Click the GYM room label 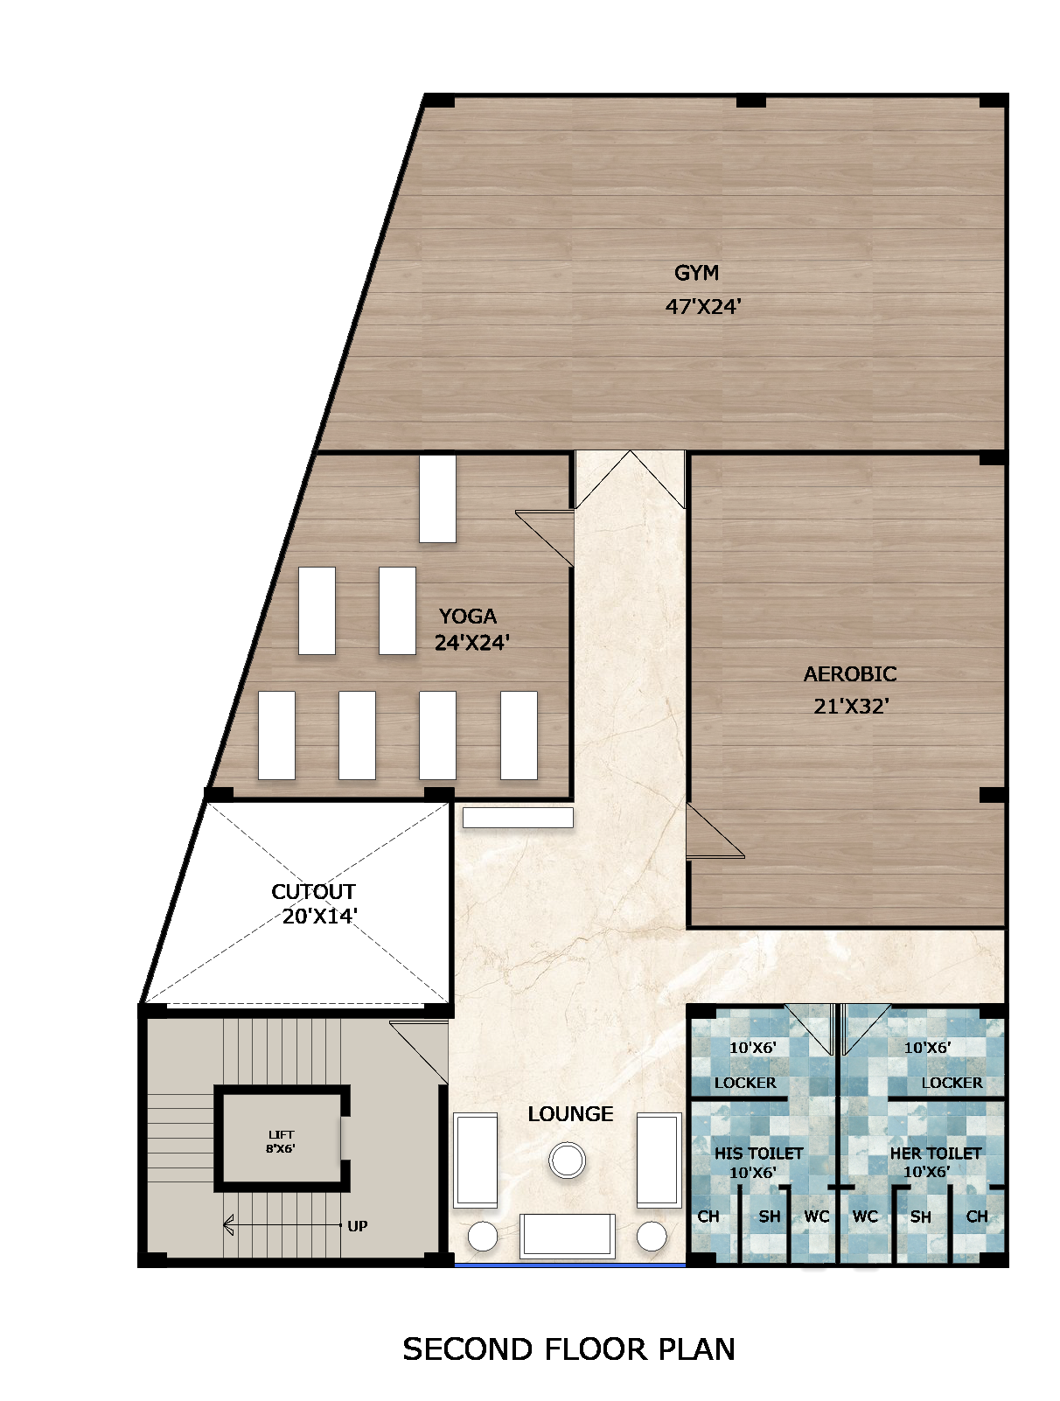pyautogui.click(x=696, y=273)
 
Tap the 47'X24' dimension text pyautogui.click(x=702, y=306)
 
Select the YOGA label pyautogui.click(x=467, y=616)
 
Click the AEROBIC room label pyautogui.click(x=849, y=674)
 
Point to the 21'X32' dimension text pyautogui.click(x=850, y=706)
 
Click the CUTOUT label pyautogui.click(x=313, y=892)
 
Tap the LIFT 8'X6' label pyautogui.click(x=281, y=1141)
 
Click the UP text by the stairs pyautogui.click(x=357, y=1226)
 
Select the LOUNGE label pyautogui.click(x=570, y=1114)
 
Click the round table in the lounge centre pyautogui.click(x=567, y=1161)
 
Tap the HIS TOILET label pyautogui.click(x=758, y=1154)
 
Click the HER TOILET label pyautogui.click(x=935, y=1154)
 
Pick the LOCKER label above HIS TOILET pyautogui.click(x=745, y=1083)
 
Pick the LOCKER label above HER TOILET pyautogui.click(x=952, y=1083)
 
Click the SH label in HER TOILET pyautogui.click(x=920, y=1216)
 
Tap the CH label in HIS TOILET pyautogui.click(x=708, y=1216)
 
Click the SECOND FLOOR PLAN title pyautogui.click(x=568, y=1349)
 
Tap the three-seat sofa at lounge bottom pyautogui.click(x=567, y=1235)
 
